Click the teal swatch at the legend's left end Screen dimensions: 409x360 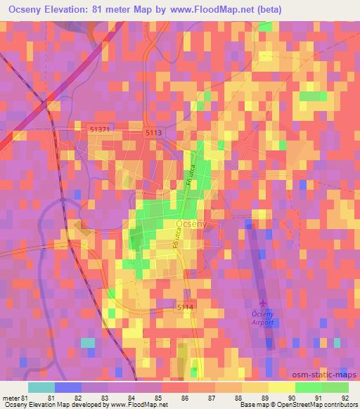click(41, 387)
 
